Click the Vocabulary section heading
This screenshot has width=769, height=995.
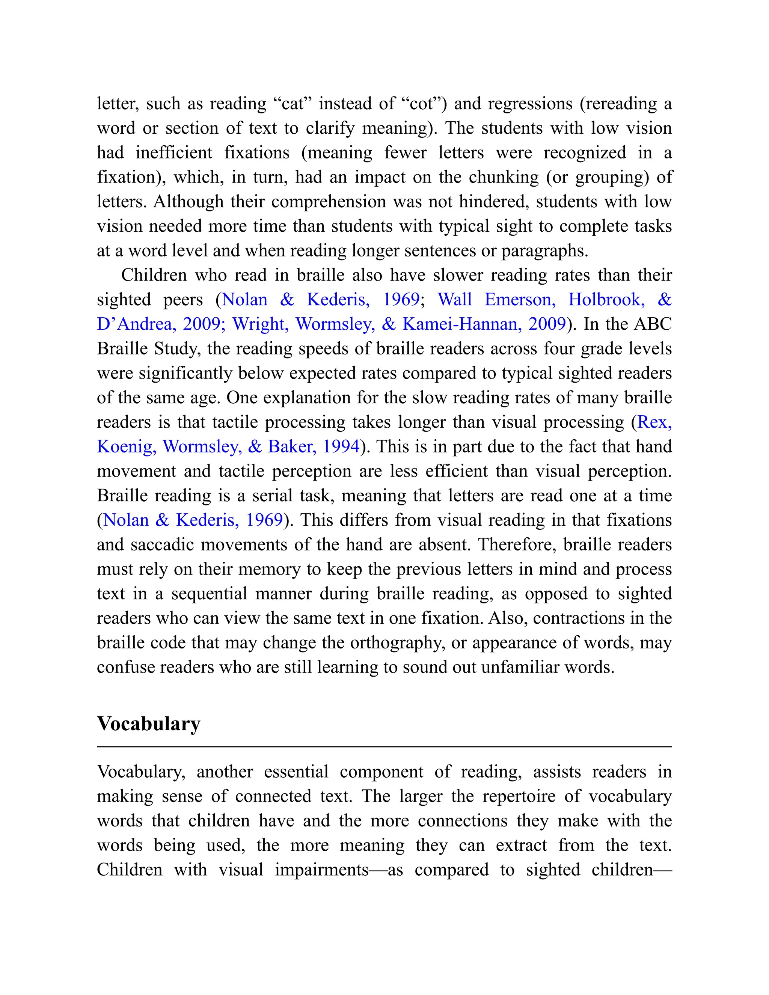pyautogui.click(x=149, y=724)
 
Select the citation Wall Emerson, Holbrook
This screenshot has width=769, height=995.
pyautogui.click(x=541, y=299)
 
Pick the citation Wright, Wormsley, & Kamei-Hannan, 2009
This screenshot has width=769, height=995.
pyautogui.click(x=399, y=324)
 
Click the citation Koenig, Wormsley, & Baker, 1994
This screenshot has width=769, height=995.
pyautogui.click(x=228, y=446)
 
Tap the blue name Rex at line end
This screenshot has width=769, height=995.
pyautogui.click(x=654, y=422)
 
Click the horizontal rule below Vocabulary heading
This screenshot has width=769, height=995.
pyautogui.click(x=384, y=747)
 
